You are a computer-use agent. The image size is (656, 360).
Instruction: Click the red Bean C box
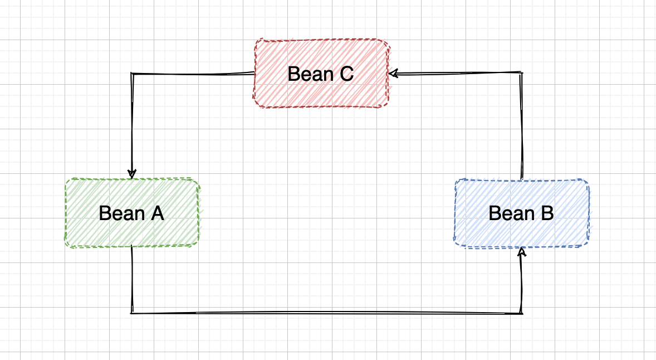pyautogui.click(x=321, y=74)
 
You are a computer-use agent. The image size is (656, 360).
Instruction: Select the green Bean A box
pyautogui.click(x=132, y=213)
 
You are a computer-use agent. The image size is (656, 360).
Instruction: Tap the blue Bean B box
pyautogui.click(x=522, y=213)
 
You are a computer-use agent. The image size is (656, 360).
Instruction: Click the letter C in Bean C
pyautogui.click(x=347, y=74)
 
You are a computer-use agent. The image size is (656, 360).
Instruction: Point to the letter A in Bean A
pyautogui.click(x=157, y=213)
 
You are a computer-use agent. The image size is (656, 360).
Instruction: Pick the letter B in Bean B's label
pyautogui.click(x=547, y=213)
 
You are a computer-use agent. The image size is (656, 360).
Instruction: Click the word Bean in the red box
pyautogui.click(x=310, y=74)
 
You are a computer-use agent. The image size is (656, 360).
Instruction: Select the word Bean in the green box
pyautogui.click(x=122, y=213)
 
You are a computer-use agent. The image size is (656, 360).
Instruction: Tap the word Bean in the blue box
pyautogui.click(x=512, y=213)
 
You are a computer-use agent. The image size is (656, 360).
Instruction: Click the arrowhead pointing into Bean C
pyautogui.click(x=393, y=74)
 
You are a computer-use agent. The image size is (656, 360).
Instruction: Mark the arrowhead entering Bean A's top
pyautogui.click(x=132, y=174)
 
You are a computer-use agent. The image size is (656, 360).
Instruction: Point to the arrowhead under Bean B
pyautogui.click(x=521, y=251)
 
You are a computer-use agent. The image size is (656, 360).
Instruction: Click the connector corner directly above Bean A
pyautogui.click(x=132, y=74)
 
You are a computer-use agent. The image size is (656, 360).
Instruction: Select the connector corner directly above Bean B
pyautogui.click(x=522, y=73)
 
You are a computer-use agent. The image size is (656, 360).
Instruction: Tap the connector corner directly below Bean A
pyautogui.click(x=132, y=313)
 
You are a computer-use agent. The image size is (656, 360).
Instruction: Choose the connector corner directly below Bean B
pyautogui.click(x=522, y=313)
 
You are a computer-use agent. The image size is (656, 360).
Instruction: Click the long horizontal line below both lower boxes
pyautogui.click(x=327, y=313)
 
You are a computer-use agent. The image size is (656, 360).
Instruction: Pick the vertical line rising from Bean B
pyautogui.click(x=522, y=126)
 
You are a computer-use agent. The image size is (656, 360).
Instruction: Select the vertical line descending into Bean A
pyautogui.click(x=132, y=124)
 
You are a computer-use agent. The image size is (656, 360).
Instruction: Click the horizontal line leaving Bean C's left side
pyautogui.click(x=193, y=74)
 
